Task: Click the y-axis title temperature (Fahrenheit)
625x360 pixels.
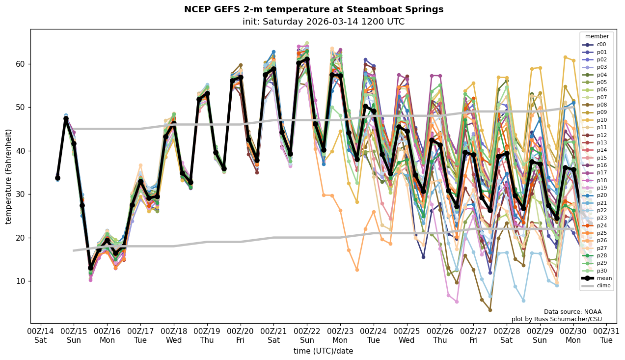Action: (9, 176)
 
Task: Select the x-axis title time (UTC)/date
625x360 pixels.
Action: (323, 351)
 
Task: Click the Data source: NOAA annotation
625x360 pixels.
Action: (572, 312)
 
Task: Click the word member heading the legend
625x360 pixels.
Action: (597, 36)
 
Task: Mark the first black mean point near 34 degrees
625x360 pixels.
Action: (57, 178)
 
